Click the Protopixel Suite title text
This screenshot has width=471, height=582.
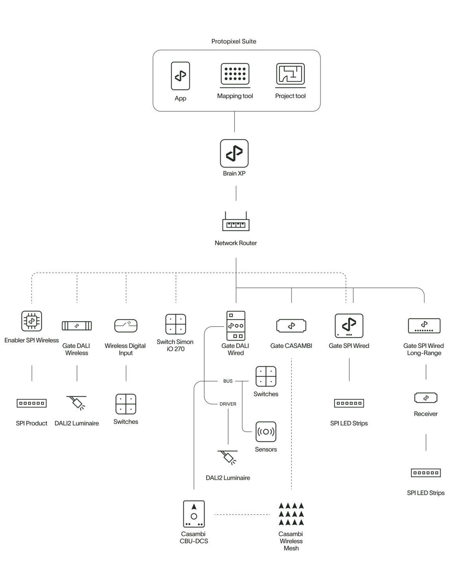tap(234, 41)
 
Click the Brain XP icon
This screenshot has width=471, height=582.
tap(234, 153)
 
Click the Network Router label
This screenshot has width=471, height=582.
tap(236, 243)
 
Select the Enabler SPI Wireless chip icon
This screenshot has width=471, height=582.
tap(32, 322)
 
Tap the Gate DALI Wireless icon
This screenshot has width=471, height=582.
tap(77, 326)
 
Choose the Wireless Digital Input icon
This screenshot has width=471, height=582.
tap(126, 326)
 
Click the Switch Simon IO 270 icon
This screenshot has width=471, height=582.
tap(175, 324)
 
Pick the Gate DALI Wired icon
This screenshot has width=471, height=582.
tap(236, 325)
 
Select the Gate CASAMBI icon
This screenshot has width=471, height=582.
tap(291, 326)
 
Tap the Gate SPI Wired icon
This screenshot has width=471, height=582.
tap(349, 326)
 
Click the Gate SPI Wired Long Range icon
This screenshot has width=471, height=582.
tap(425, 326)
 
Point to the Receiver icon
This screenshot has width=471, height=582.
tap(426, 398)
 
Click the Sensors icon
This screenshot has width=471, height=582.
tap(266, 432)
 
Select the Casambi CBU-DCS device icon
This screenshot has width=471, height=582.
tap(194, 514)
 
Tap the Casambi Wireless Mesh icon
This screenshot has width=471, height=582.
tap(291, 515)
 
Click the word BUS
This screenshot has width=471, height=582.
tap(228, 381)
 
